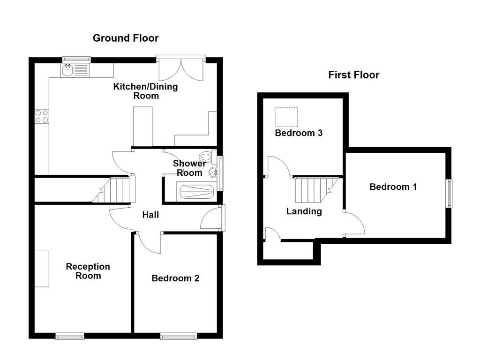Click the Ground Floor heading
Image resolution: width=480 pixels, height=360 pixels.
(126, 38)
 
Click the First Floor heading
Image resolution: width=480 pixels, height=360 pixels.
(353, 75)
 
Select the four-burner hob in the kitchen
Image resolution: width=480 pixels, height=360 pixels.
(42, 116)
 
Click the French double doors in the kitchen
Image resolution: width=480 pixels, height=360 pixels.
(181, 68)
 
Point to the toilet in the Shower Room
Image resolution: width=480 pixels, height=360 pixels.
(205, 156)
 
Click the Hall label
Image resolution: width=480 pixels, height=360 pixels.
(150, 215)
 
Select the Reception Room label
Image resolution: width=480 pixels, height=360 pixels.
(88, 271)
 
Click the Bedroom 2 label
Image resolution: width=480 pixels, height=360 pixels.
(175, 278)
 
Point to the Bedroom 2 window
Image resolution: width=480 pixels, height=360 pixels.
(179, 336)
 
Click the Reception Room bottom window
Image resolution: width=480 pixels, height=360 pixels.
(69, 336)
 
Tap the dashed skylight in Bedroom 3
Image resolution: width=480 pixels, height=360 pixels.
(286, 117)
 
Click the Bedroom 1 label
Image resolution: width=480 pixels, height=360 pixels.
(393, 187)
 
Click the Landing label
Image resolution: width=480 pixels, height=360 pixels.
(304, 211)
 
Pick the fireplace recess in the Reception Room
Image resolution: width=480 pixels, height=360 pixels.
(42, 269)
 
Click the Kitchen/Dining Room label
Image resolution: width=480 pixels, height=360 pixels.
(146, 91)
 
